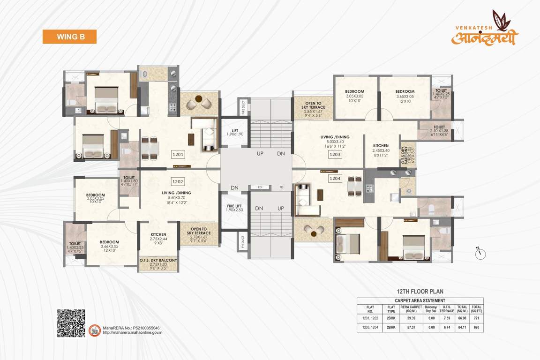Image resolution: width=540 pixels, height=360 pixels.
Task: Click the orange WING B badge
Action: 69,37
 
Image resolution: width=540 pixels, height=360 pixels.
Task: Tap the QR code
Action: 71,323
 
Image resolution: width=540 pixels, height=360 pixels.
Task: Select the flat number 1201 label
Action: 178,154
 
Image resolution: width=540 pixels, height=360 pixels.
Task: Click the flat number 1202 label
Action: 178,180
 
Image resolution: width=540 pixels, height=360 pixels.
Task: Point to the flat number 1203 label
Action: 335,154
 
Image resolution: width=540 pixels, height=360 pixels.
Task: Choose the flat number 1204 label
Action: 335,178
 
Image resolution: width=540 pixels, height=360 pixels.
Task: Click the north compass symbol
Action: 480,253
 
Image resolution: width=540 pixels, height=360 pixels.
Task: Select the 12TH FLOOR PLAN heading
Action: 420,292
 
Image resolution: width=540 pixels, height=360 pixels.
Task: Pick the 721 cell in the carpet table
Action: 476,318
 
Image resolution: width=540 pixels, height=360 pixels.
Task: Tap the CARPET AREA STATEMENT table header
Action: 420,300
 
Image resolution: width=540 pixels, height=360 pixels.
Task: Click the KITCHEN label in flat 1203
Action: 381,148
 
